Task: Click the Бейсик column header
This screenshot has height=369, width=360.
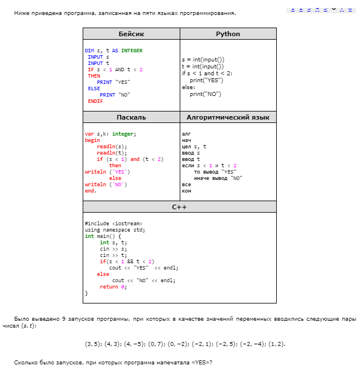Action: (x=131, y=34)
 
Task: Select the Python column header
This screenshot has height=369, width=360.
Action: (x=228, y=34)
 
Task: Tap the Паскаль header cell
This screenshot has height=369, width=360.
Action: (x=131, y=117)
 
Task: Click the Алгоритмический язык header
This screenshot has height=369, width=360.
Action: (x=228, y=117)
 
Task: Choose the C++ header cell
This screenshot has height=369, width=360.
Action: (x=179, y=207)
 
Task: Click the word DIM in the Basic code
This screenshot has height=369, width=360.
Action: (x=90, y=51)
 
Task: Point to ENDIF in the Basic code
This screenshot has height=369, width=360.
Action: (x=95, y=101)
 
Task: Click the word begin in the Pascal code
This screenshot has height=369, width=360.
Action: (x=92, y=140)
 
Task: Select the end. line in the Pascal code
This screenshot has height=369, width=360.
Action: (x=90, y=191)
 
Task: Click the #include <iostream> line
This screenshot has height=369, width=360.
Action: (x=113, y=224)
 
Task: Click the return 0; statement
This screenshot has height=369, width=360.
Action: (x=113, y=287)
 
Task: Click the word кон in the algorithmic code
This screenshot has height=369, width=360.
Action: (x=186, y=191)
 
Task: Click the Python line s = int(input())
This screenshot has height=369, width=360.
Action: (x=203, y=60)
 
